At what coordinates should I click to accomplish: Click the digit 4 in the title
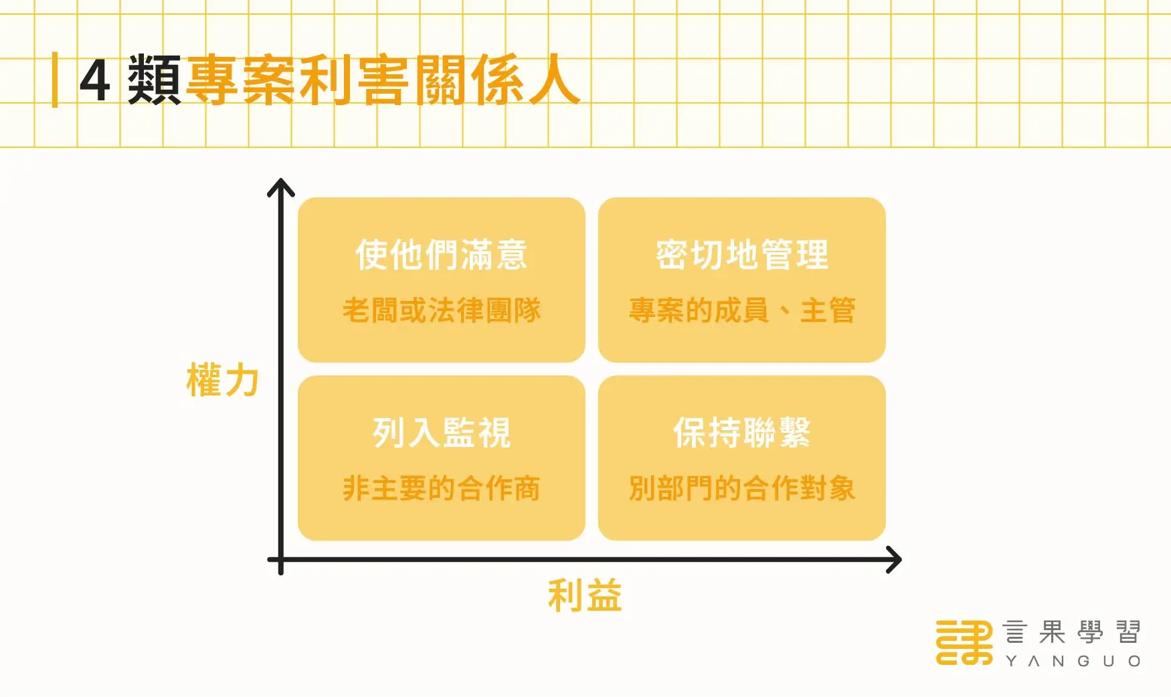pos(95,80)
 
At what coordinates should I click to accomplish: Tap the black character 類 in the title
pos(154,80)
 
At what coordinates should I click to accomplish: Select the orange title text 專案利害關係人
pos(382,80)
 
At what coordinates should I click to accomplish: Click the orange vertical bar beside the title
pos(55,80)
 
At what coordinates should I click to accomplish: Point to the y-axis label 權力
pos(222,380)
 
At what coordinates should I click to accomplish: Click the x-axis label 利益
pos(585,595)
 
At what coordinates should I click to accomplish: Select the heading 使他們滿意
pos(441,255)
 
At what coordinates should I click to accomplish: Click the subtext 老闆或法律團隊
pos(441,310)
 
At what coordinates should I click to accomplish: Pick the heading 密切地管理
pos(742,255)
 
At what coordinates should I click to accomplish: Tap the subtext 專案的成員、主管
pos(742,310)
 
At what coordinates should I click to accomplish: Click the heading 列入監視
pos(441,433)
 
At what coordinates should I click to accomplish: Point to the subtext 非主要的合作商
pos(441,488)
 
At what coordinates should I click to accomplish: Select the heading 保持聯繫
pos(742,433)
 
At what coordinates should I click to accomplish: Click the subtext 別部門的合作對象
pos(742,488)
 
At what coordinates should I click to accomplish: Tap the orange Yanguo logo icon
pos(964,642)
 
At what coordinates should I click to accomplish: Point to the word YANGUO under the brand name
pos(1072,662)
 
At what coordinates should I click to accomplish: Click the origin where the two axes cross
pos(281,559)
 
